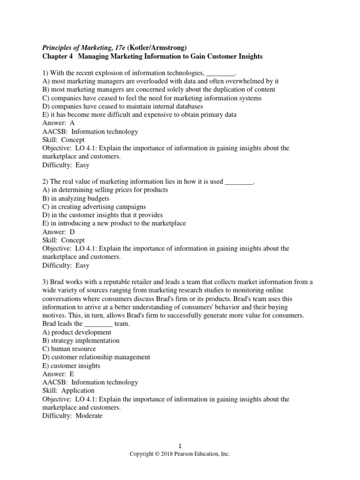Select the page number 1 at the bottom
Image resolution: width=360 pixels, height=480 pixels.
180,446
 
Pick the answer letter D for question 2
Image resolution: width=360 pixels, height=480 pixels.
72,232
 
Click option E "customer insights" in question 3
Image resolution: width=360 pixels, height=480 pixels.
71,366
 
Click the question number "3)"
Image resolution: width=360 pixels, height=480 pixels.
45,282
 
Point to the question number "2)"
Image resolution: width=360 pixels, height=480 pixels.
45,182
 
